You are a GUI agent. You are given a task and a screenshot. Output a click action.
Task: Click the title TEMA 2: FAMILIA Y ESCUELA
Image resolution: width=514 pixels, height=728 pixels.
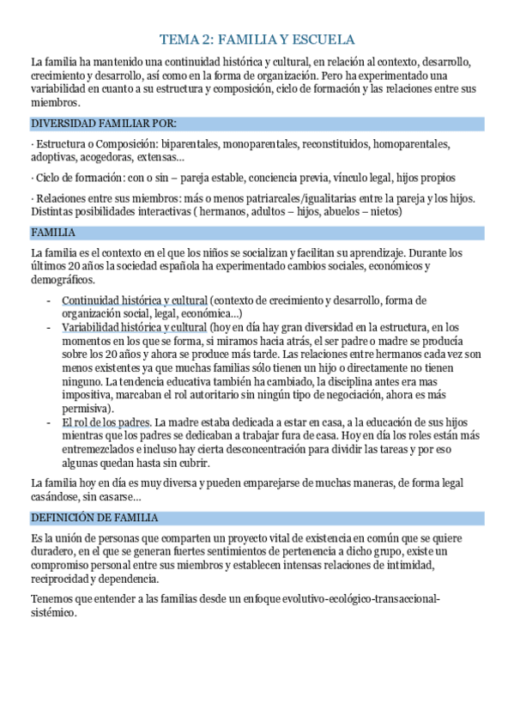pyautogui.click(x=257, y=39)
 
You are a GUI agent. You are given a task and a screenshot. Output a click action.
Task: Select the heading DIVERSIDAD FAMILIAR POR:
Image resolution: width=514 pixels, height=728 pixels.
pyautogui.click(x=103, y=123)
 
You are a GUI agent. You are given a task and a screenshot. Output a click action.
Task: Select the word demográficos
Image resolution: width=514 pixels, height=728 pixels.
pyautogui.click(x=63, y=279)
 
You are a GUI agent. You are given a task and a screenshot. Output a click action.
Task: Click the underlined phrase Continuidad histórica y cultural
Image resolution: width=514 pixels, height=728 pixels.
pyautogui.click(x=135, y=300)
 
